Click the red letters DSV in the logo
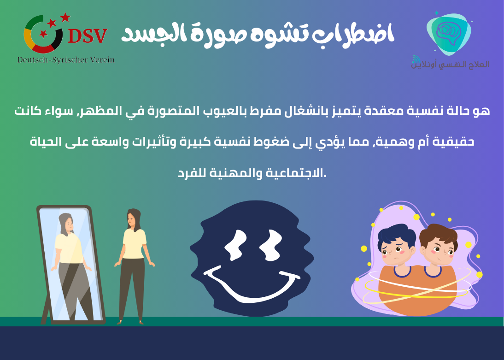88,36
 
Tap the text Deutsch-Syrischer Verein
66,60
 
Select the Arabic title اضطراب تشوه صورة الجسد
258,35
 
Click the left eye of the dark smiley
235,244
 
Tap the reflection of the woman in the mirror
69,258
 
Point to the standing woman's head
134,218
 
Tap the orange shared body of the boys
417,290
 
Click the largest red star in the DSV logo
65,18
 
